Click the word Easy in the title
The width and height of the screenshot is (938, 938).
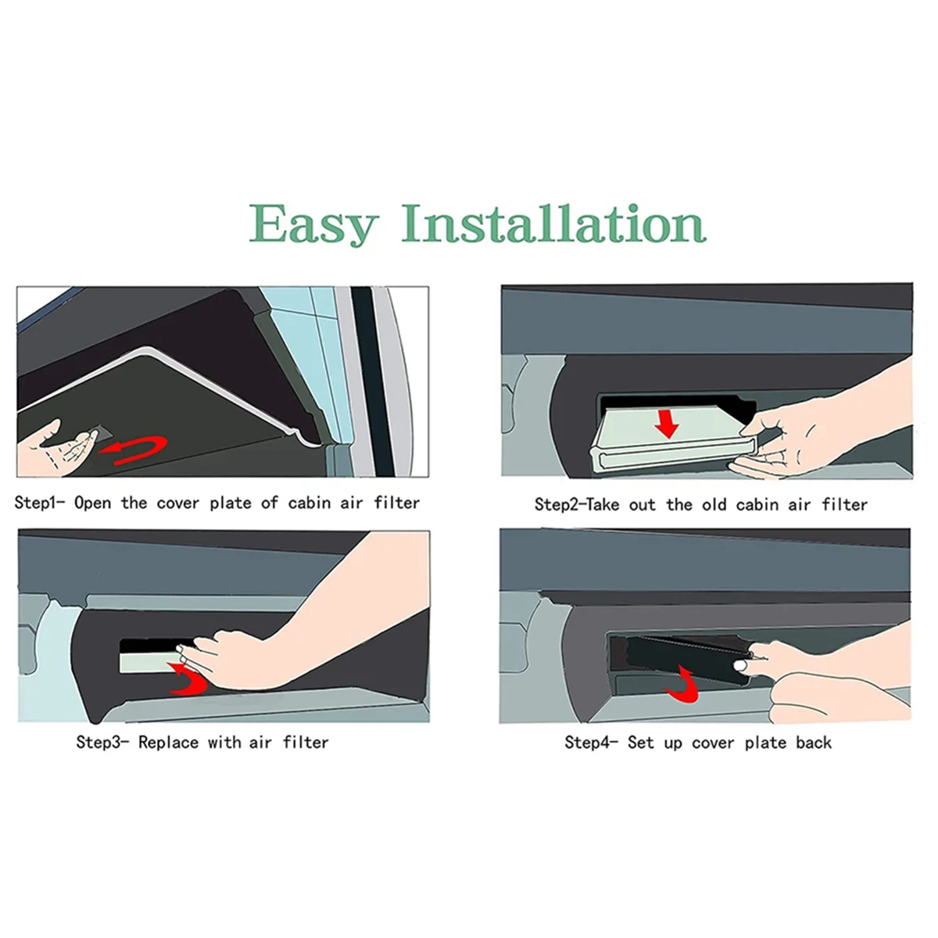click(x=314, y=225)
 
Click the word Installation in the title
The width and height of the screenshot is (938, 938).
click(x=554, y=223)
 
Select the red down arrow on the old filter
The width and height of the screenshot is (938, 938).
click(x=667, y=423)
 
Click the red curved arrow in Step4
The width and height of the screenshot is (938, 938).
click(x=682, y=686)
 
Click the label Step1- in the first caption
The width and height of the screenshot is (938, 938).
click(x=39, y=503)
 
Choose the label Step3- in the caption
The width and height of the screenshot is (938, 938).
click(x=102, y=743)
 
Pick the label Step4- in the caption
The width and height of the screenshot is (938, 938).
click(x=591, y=743)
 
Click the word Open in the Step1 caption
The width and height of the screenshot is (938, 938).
click(x=92, y=503)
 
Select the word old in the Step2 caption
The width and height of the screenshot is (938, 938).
click(x=714, y=504)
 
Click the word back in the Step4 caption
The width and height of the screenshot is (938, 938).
click(x=814, y=743)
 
